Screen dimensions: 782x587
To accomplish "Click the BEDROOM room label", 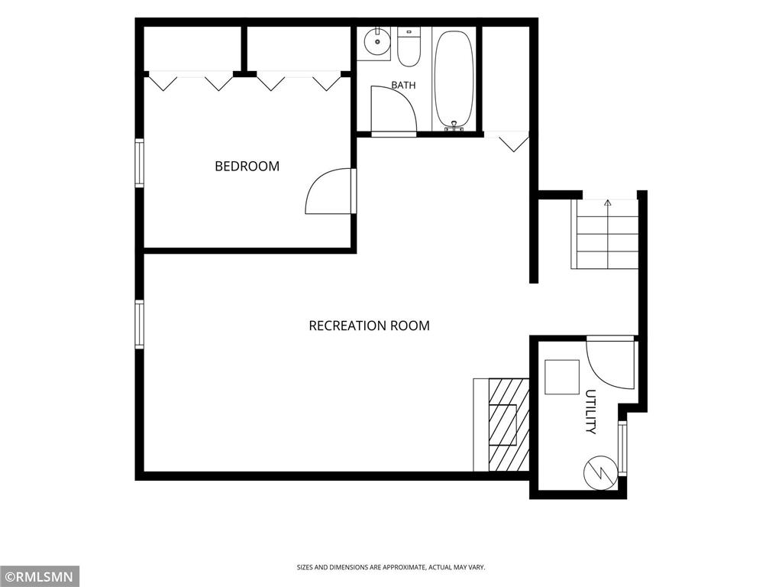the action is coord(247,166).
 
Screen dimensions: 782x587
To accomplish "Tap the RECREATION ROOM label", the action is coord(369,326).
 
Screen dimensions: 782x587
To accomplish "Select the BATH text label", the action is coord(403,86).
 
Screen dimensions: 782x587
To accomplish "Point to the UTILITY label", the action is coord(590,411).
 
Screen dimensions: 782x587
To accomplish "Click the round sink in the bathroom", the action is coord(376,40).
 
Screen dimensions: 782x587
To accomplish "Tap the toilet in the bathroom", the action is coord(409,47).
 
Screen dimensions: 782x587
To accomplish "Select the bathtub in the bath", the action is coord(454,79).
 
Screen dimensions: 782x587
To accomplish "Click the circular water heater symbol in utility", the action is coord(601,472).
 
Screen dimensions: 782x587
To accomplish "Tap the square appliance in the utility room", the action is coord(562,378).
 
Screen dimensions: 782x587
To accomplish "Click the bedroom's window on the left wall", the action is coord(139,164).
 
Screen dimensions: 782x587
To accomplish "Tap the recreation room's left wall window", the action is coord(139,324).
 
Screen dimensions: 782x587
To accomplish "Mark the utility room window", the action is coord(622,449).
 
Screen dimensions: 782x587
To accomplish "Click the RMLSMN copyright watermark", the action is coord(39,577).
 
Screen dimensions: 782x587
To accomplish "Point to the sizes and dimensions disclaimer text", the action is coord(391,568).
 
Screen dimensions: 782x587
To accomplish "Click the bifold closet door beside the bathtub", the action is coord(507,141).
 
